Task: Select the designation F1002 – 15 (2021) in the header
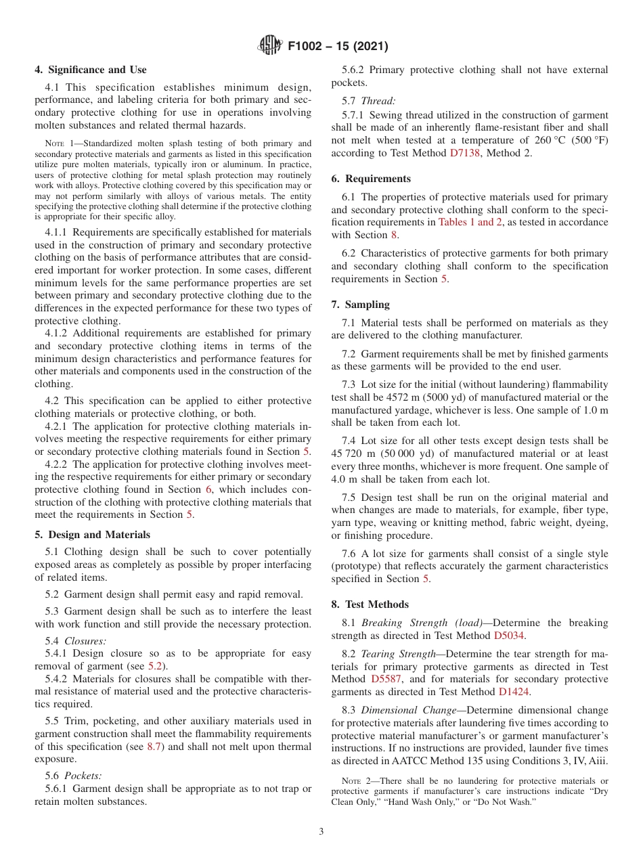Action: [x=338, y=47]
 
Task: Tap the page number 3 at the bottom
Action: [x=321, y=831]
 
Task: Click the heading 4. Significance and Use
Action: [x=91, y=70]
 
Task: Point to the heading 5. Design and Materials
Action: [x=93, y=534]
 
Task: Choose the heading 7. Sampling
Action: [x=361, y=305]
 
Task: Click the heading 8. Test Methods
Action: [x=370, y=604]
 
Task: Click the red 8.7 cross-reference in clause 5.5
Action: [x=155, y=746]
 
